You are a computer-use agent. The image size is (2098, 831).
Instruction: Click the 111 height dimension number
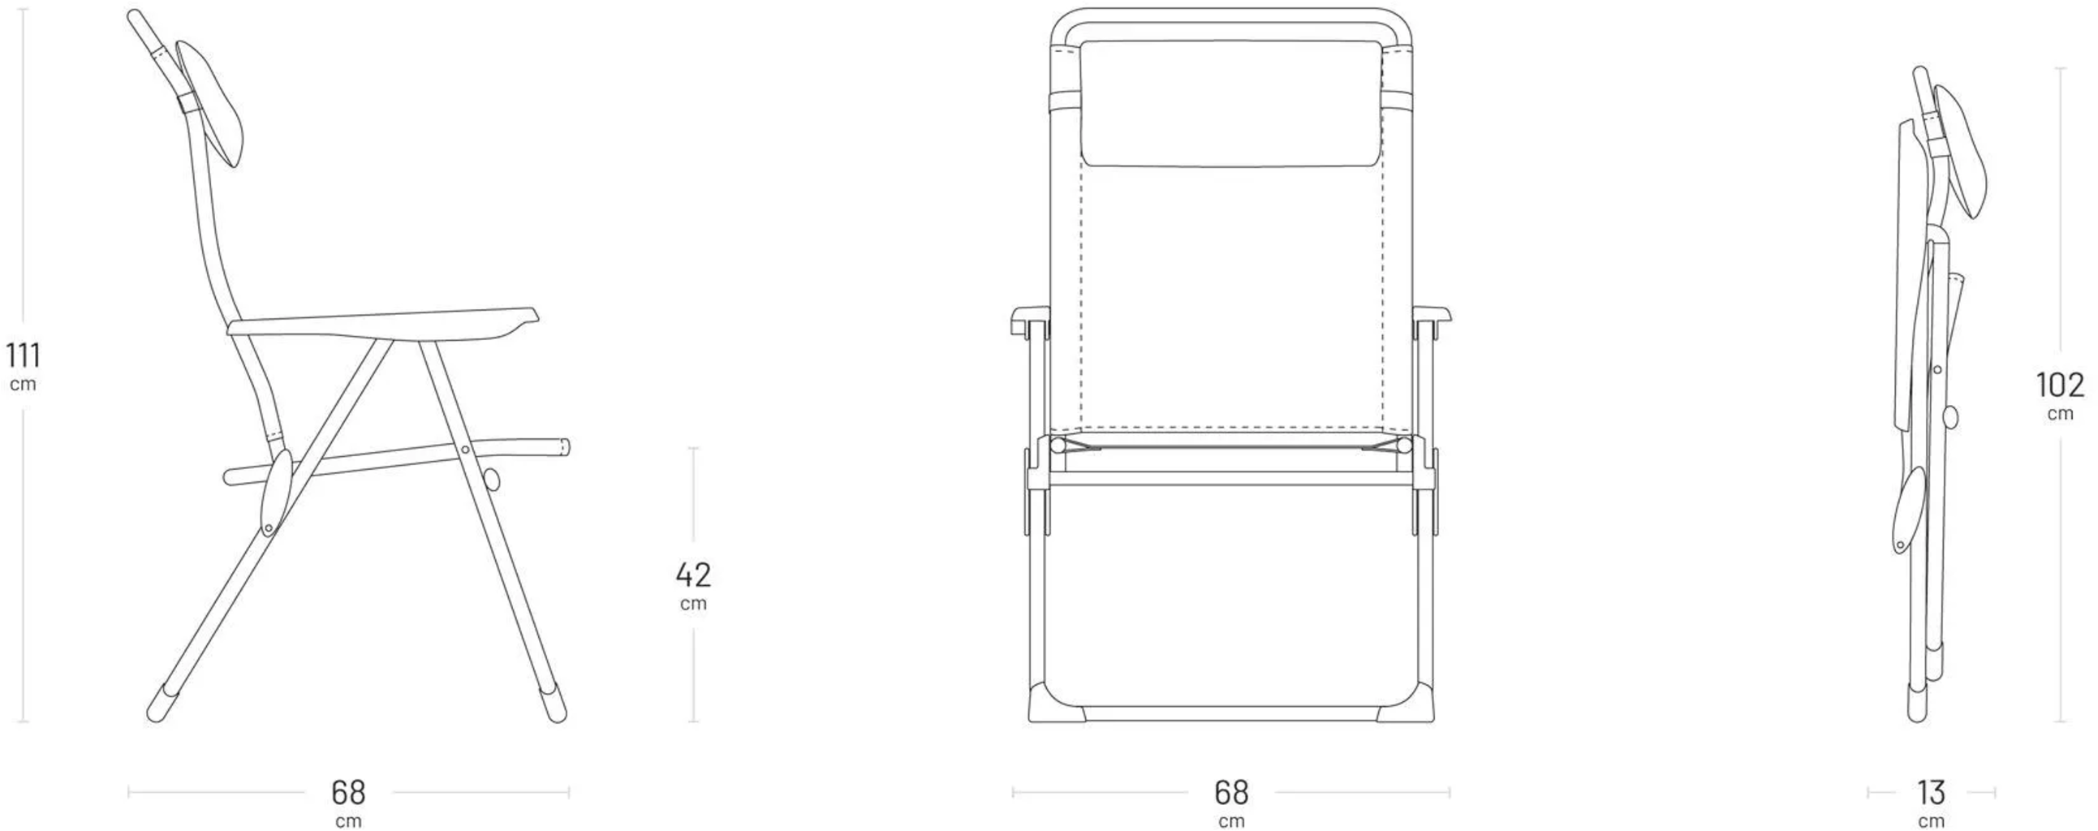point(23,355)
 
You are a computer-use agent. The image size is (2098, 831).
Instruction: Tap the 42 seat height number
point(693,575)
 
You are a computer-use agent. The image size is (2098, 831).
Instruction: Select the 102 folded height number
point(2060,385)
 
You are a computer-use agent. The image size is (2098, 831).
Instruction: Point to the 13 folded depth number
point(1931,792)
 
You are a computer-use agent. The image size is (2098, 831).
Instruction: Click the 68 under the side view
point(347,792)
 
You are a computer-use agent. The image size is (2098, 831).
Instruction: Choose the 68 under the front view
point(1230,792)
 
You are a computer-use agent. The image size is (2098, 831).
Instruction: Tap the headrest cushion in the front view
point(1230,103)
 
